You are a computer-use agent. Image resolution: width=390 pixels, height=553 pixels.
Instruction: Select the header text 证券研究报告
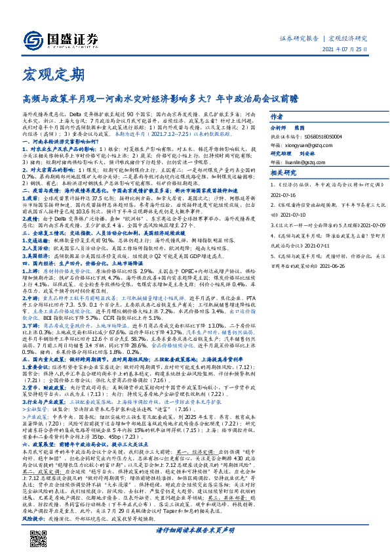tap(300, 38)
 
